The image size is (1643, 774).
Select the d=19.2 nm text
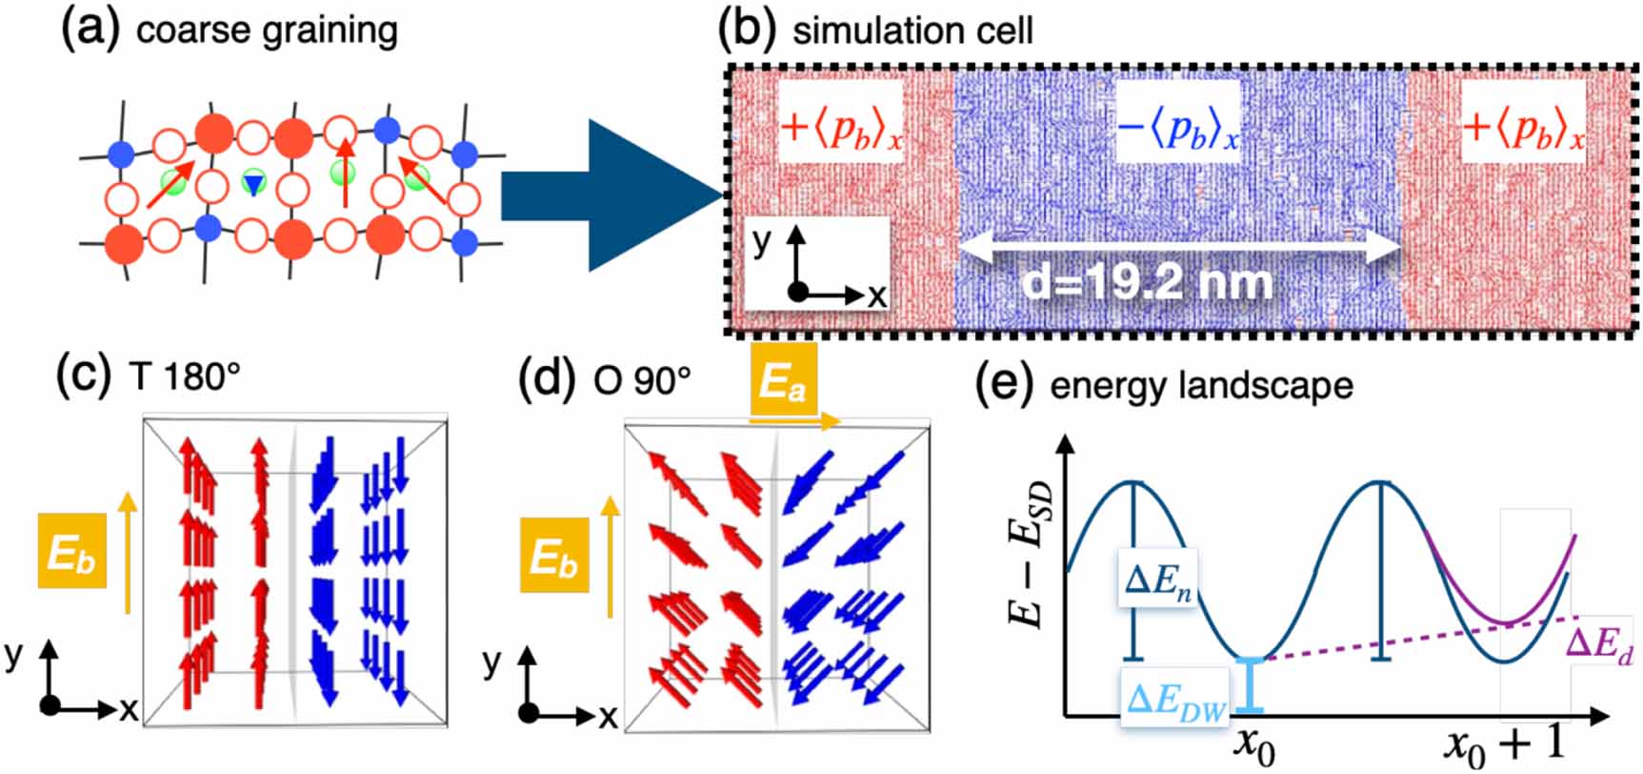click(x=1147, y=282)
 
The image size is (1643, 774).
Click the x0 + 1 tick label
click(x=1504, y=743)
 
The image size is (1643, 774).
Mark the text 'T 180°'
click(x=184, y=377)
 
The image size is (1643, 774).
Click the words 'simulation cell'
click(x=912, y=31)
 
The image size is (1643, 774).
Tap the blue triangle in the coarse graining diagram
click(x=252, y=183)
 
